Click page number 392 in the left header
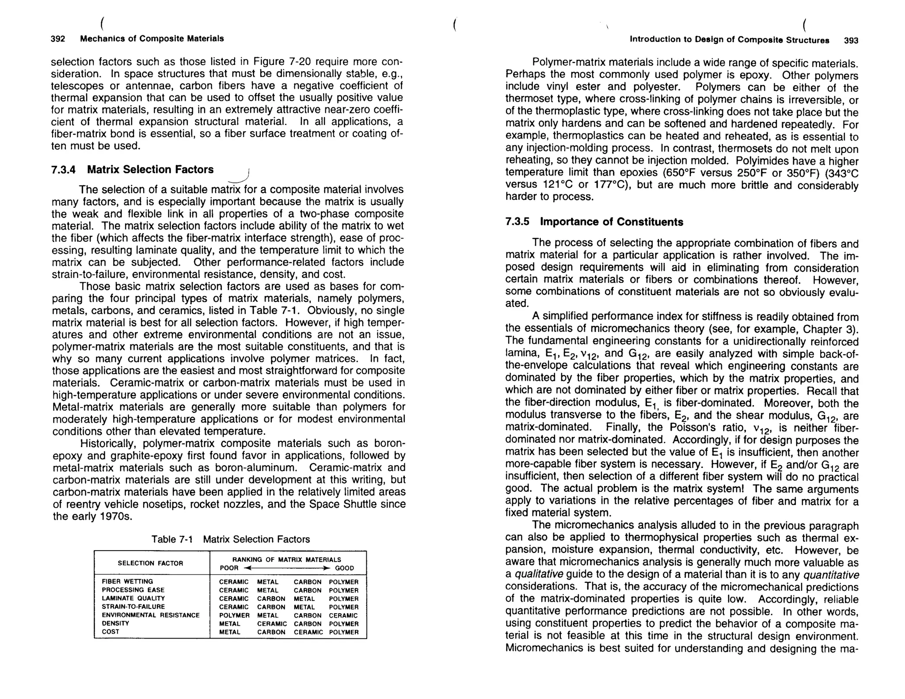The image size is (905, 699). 58,38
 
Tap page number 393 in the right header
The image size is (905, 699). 851,41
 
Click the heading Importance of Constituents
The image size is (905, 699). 612,222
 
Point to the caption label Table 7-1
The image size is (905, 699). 172,539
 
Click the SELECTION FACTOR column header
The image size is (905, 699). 150,563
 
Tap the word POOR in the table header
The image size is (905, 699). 229,568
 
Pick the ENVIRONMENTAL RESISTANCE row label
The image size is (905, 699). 151,615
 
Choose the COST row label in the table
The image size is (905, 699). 110,632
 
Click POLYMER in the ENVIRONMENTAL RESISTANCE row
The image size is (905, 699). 234,615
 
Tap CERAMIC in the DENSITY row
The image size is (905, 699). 272,624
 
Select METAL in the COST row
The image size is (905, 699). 230,632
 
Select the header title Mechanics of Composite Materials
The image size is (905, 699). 152,38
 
